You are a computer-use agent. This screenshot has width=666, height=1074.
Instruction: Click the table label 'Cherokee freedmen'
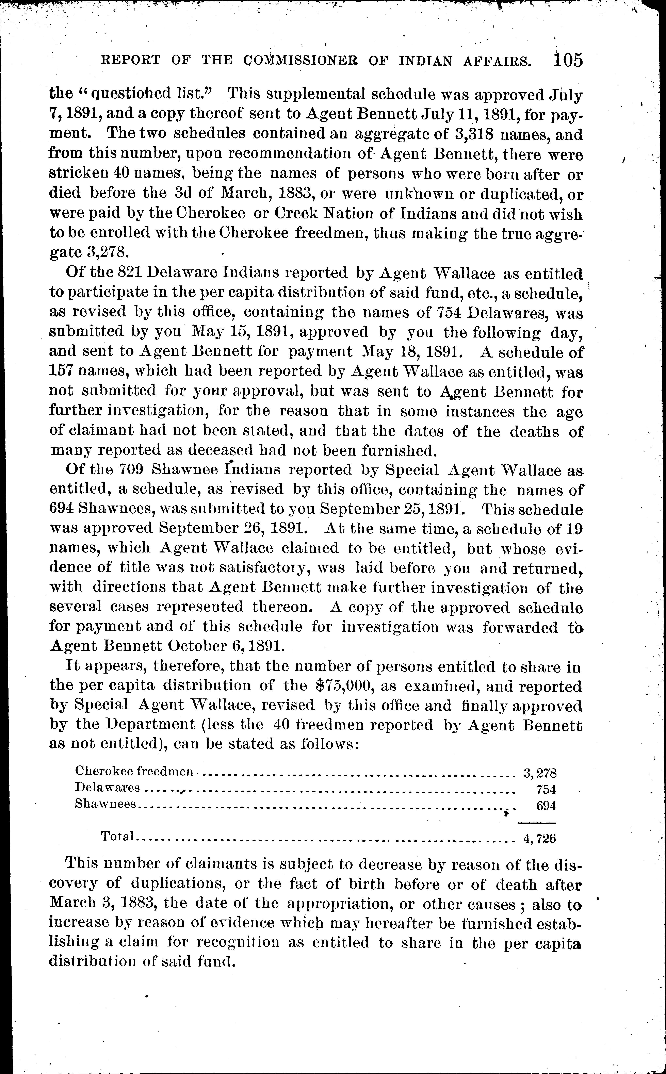pos(134,771)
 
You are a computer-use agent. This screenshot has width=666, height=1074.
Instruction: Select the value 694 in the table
pos(546,805)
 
